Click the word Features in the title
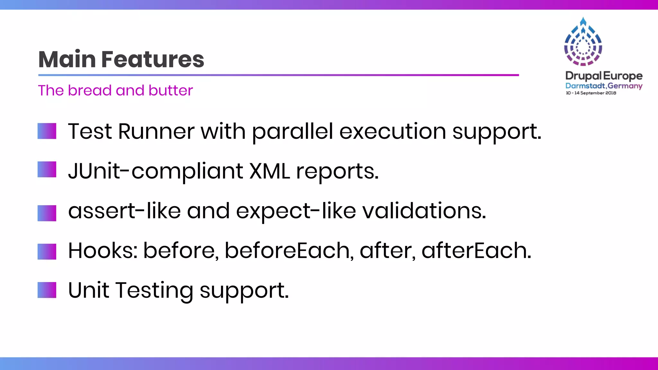click(153, 59)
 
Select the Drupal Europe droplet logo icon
click(583, 42)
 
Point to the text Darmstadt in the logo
click(585, 86)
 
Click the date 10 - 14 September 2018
click(591, 93)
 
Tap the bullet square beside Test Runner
click(47, 131)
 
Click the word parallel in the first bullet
click(292, 132)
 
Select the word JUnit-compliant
click(156, 171)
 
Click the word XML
click(270, 171)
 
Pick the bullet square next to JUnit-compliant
click(47, 170)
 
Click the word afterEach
click(476, 251)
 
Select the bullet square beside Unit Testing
click(47, 290)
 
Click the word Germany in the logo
click(625, 86)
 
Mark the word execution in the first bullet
click(393, 132)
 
